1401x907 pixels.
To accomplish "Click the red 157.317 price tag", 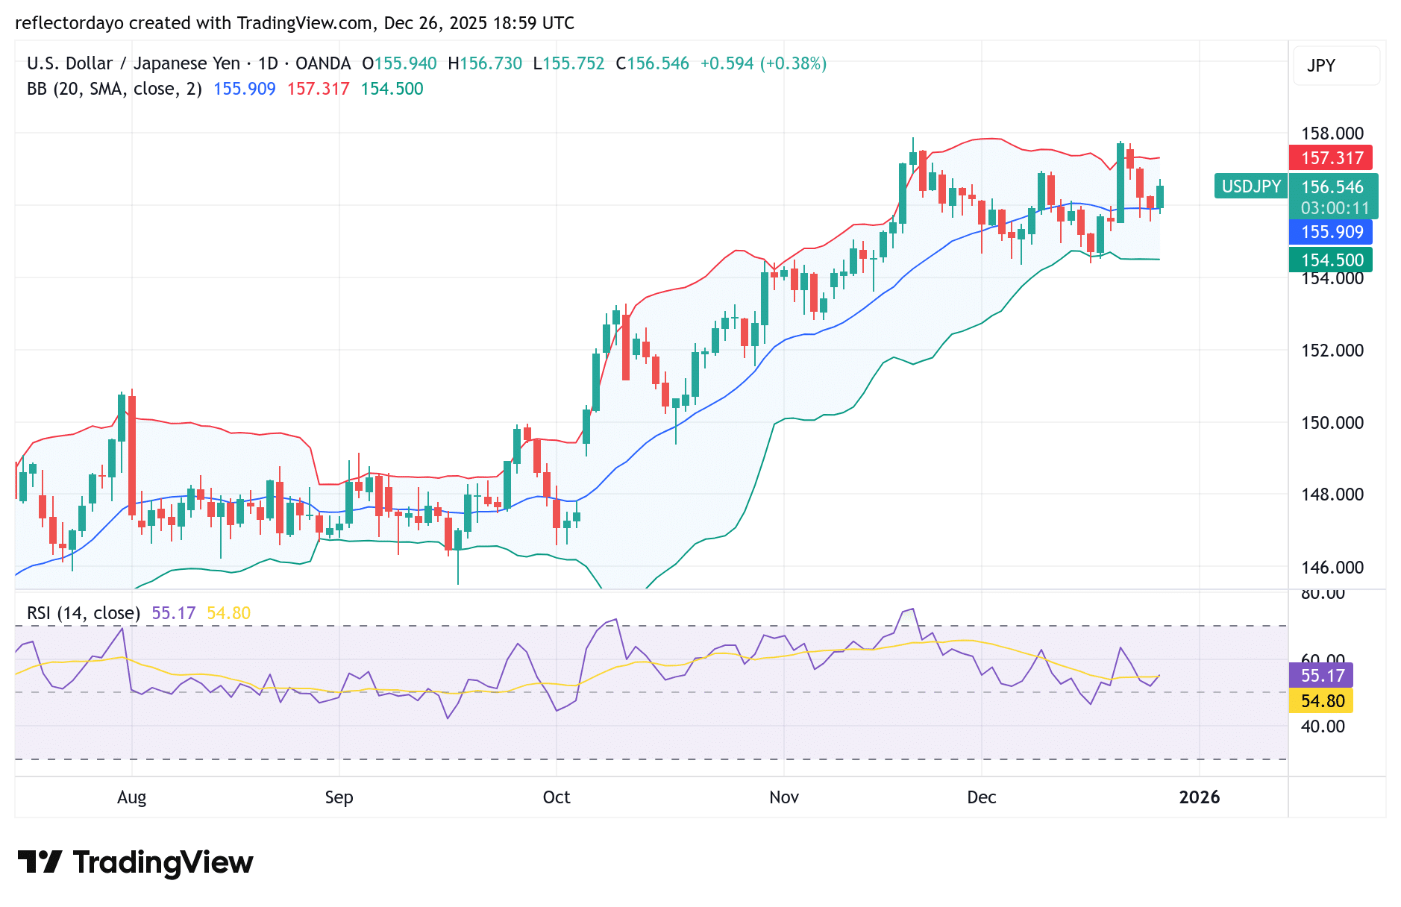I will click(1332, 158).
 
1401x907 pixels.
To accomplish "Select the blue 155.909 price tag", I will click(1332, 232).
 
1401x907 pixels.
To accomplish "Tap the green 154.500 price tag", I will click(1332, 260).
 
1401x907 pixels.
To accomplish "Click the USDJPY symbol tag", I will click(1251, 186).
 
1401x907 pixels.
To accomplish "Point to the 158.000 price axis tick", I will click(1332, 134).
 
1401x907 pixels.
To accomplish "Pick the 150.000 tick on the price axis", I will click(1332, 423).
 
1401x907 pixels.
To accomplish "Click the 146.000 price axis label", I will click(1332, 568).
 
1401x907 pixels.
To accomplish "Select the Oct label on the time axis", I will click(557, 797).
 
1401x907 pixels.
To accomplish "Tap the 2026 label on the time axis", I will click(1199, 797).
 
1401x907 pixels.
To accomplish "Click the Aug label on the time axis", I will click(132, 797).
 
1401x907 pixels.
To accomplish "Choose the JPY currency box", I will click(1335, 66).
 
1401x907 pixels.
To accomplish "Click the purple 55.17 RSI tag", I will click(1322, 676).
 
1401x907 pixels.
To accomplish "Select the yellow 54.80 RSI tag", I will click(1322, 701).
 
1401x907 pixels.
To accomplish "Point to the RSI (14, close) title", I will click(84, 613).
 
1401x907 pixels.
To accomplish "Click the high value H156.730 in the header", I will click(485, 63).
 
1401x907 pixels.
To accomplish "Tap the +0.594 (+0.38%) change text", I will click(762, 63).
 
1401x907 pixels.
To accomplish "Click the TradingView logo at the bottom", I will click(135, 862).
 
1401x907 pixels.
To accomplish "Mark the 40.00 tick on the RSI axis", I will click(1322, 726).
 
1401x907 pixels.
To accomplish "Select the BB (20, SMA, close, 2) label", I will click(114, 89).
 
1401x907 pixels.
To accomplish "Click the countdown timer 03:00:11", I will click(1335, 208).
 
